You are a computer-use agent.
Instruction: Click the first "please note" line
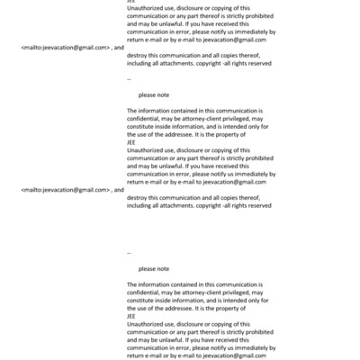tap(154, 94)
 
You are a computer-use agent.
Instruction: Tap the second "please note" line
tap(154, 268)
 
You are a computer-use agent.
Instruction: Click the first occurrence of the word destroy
tap(139, 54)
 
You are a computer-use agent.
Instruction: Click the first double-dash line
tap(130, 78)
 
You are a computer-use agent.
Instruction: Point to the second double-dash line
tap(130, 253)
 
